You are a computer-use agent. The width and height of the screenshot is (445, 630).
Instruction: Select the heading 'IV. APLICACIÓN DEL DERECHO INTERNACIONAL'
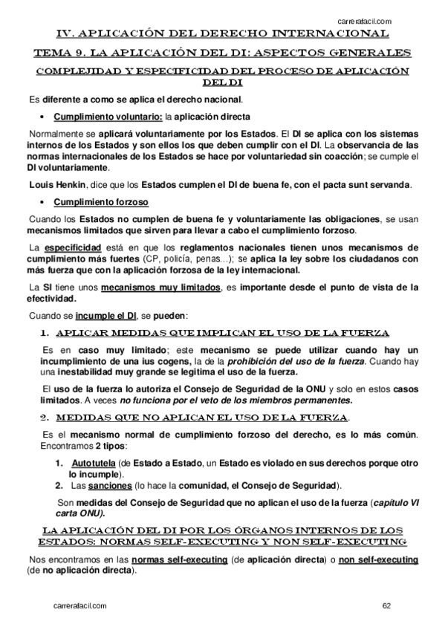pos(222,34)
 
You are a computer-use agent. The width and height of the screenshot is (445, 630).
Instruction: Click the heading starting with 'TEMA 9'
pos(222,53)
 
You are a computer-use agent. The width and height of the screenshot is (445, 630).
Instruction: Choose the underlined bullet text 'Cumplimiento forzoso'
pos(101,202)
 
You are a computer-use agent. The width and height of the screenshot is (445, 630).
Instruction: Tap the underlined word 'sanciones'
pos(111,486)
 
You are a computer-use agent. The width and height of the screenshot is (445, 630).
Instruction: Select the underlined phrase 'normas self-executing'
pos(164,559)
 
